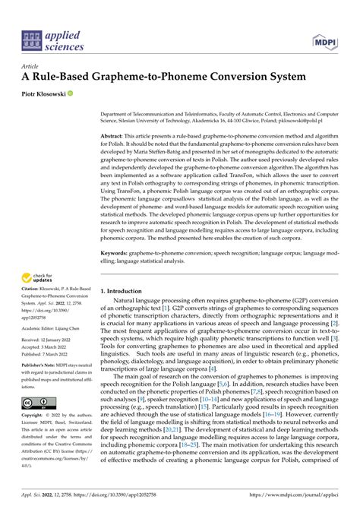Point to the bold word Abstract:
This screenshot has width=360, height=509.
[115, 134]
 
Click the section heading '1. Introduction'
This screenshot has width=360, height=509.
[127, 269]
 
